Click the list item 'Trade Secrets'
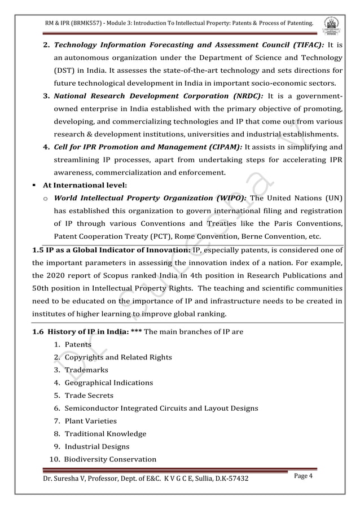coord(89,395)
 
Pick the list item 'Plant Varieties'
coord(90,420)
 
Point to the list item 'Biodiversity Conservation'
coord(110,459)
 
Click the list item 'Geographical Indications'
coord(108,383)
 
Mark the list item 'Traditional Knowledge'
coord(105,433)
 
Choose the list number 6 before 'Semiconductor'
coord(57,408)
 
